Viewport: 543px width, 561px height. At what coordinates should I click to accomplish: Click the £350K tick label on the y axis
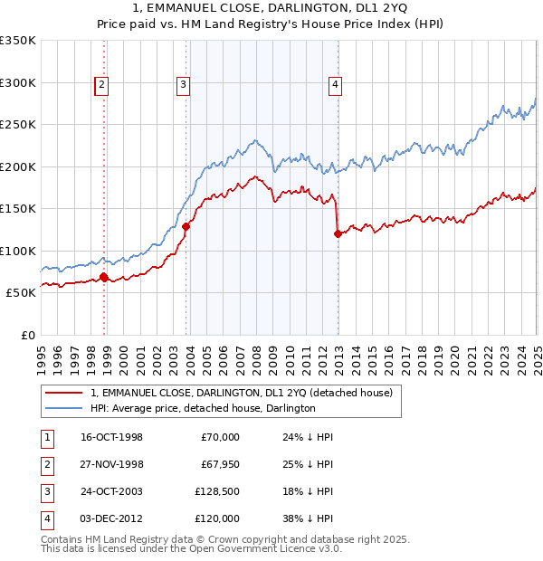pos(18,41)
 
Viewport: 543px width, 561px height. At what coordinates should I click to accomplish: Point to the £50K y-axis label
pos(21,292)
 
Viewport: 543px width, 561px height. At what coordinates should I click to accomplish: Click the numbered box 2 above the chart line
pos(101,86)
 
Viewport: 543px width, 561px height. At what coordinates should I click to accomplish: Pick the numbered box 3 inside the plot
pos(183,86)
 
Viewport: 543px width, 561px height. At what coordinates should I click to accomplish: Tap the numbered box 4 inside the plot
pos(335,86)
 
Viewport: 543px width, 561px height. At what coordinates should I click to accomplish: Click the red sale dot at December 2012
pos(338,233)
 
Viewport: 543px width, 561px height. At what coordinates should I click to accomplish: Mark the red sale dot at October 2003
pos(186,226)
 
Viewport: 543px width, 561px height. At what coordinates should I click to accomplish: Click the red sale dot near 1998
pos(103,277)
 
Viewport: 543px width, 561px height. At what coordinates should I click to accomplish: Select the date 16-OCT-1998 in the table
pos(111,437)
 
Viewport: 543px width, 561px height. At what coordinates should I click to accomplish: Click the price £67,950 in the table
pos(217,464)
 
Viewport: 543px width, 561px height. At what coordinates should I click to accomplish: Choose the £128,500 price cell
pos(217,491)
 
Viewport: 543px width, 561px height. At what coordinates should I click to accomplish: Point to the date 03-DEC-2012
pos(111,518)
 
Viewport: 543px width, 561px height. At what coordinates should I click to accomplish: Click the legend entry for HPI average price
pos(203,409)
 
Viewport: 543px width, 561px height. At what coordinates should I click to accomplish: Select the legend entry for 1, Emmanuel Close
pos(241,393)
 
